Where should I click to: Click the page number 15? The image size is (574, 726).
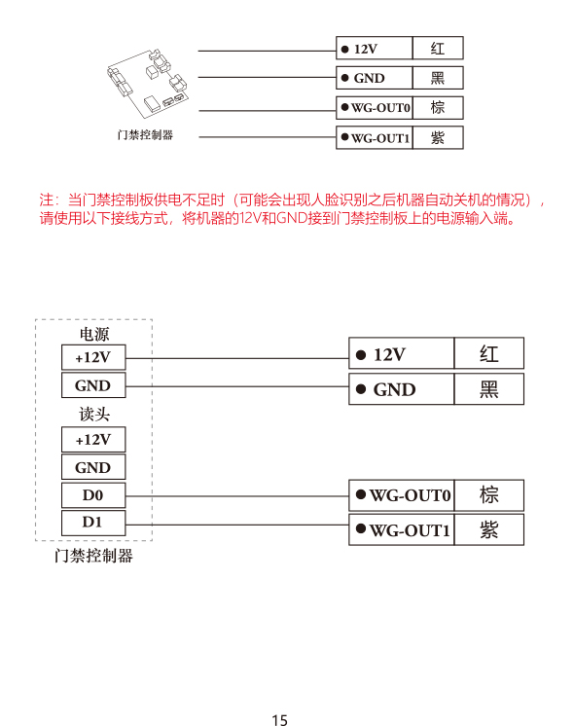click(x=279, y=719)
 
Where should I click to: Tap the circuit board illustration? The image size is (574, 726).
click(x=148, y=84)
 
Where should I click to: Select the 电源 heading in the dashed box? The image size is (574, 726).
click(x=94, y=334)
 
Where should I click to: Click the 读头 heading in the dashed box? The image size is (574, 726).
click(x=94, y=414)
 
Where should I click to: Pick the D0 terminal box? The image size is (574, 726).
click(x=93, y=495)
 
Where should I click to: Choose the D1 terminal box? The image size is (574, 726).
click(x=93, y=523)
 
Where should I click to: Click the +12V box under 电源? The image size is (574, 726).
click(x=93, y=357)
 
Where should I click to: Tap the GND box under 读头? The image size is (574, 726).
click(x=93, y=467)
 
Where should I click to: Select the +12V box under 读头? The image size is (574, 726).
click(x=93, y=440)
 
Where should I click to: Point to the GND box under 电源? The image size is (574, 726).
click(x=93, y=385)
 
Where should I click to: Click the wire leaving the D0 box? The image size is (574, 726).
click(x=237, y=496)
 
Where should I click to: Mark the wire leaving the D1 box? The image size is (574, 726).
click(x=237, y=525)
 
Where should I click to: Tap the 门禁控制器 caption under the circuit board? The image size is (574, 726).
click(x=145, y=134)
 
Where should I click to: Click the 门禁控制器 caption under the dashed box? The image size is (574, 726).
click(x=93, y=555)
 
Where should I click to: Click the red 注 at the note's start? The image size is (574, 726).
click(x=47, y=200)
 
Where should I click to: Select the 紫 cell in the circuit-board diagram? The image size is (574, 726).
click(x=438, y=137)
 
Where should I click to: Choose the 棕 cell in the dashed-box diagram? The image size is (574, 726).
click(x=489, y=495)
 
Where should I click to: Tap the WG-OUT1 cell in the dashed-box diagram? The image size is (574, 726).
click(x=402, y=529)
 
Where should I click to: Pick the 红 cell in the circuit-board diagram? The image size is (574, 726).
click(x=438, y=48)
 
